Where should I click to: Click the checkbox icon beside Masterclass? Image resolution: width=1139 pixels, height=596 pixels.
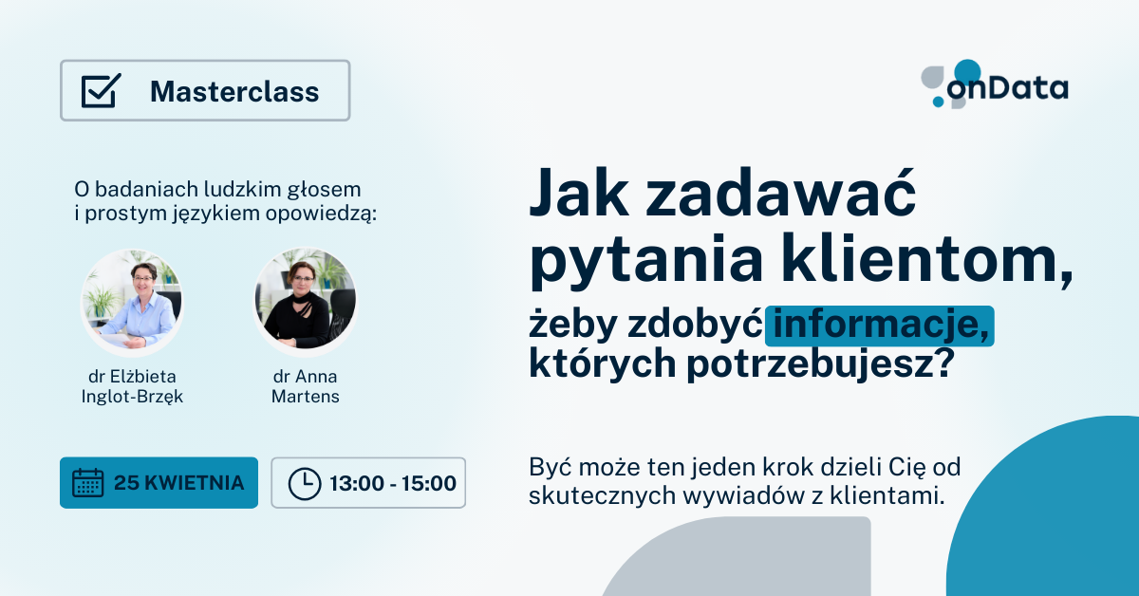tap(101, 90)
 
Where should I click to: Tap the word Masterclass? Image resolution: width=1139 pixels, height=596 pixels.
tap(234, 91)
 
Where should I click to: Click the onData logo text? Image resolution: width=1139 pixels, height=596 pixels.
tap(1007, 88)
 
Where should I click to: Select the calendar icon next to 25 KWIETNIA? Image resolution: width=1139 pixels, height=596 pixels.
tap(88, 483)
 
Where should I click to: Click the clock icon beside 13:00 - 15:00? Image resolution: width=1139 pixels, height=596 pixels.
tap(305, 484)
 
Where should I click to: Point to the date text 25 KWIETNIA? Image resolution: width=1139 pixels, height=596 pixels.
tap(179, 483)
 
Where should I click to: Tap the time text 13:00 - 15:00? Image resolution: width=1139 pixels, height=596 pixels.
tap(393, 483)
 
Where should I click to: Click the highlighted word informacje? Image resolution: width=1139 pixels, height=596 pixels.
tap(881, 326)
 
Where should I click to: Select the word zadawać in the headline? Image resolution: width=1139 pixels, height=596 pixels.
tap(781, 195)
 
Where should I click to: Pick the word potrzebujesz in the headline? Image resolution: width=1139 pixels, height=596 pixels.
tap(820, 363)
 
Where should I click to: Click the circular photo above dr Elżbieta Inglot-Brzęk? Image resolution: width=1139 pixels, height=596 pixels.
tap(132, 301)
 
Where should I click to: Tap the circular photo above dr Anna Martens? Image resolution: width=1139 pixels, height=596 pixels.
tap(305, 301)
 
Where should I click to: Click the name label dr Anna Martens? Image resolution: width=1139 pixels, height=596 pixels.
tap(305, 386)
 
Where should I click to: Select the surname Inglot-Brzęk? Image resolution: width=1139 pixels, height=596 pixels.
tap(132, 397)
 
